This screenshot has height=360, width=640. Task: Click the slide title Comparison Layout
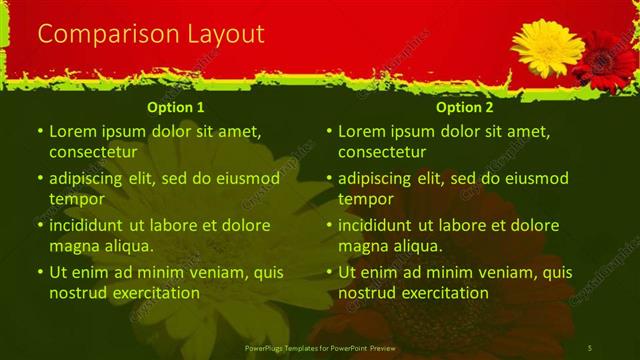[x=151, y=34]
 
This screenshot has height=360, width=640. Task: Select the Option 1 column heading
[x=176, y=107]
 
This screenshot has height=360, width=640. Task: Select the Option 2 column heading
[x=465, y=107]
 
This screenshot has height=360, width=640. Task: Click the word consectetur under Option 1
[x=92, y=152]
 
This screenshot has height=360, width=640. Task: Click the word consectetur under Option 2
[x=382, y=152]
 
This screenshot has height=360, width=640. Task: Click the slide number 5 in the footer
[x=591, y=347]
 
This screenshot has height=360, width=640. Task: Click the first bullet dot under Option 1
[x=39, y=131]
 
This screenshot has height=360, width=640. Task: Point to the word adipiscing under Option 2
[x=375, y=178]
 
